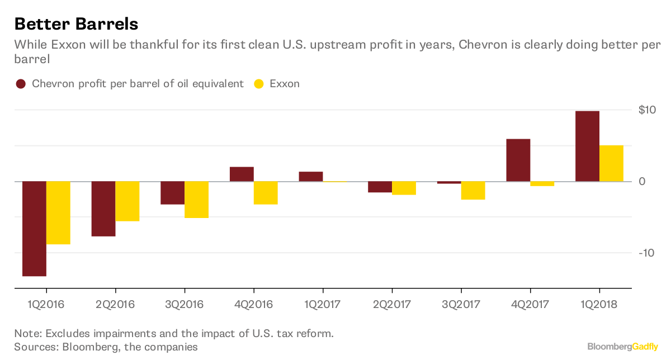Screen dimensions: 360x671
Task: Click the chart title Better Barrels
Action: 76,24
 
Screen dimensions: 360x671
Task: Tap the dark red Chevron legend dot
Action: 21,84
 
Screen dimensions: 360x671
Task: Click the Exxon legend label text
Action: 285,84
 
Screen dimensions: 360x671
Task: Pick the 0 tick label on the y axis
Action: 642,182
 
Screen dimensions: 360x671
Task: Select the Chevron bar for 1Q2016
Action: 34,229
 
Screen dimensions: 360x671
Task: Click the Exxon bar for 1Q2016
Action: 58,213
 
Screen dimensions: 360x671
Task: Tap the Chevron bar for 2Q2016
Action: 103,209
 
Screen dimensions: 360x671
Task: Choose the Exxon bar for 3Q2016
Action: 196,200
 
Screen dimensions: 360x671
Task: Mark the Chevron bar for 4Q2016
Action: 242,174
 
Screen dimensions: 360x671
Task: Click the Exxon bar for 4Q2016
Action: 266,193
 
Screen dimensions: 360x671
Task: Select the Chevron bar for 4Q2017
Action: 518,160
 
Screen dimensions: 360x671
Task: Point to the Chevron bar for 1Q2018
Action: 587,146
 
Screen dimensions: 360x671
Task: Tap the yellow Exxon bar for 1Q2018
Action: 611,163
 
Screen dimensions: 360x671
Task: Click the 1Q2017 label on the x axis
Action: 323,305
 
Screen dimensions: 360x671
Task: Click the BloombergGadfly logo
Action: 622,347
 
